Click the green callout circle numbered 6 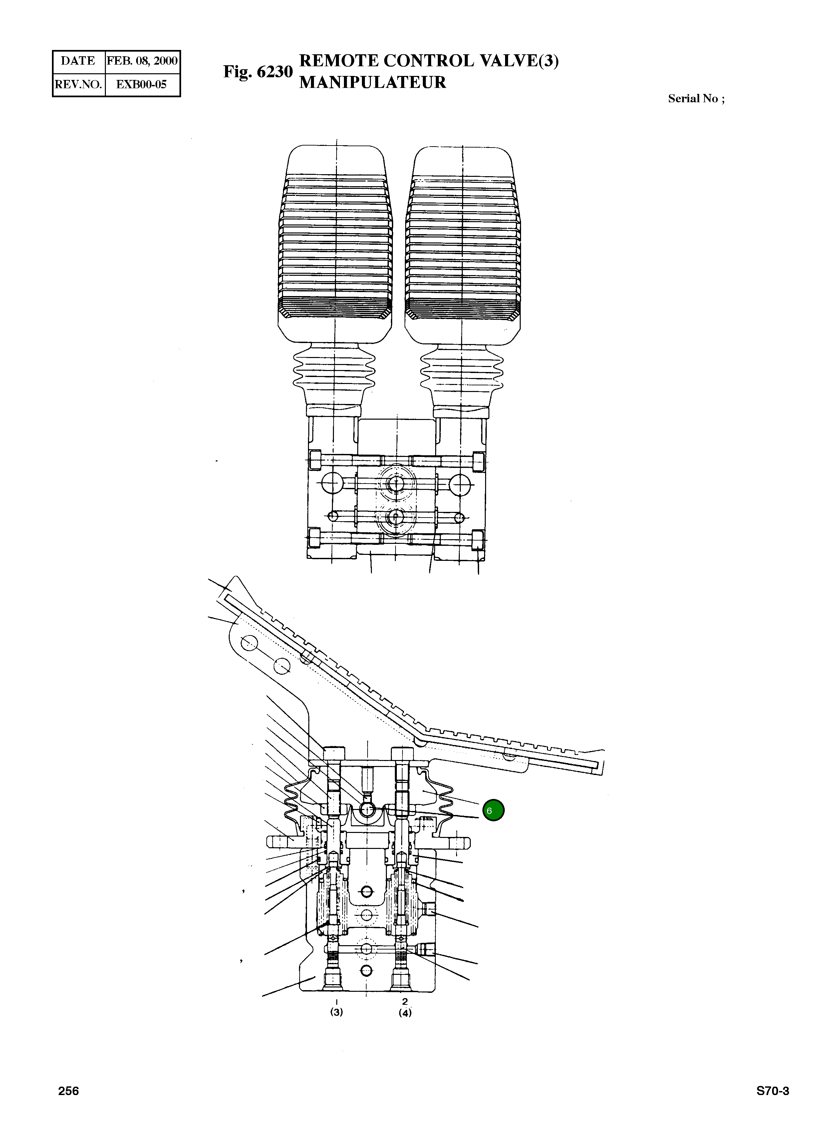click(493, 810)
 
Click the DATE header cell click(78, 61)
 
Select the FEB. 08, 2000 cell click(142, 61)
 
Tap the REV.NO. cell click(78, 84)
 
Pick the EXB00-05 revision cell click(142, 84)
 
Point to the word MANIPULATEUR click(372, 82)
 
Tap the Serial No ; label click(696, 99)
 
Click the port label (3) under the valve click(336, 1012)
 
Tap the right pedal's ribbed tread click(463, 244)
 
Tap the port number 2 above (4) click(405, 1001)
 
